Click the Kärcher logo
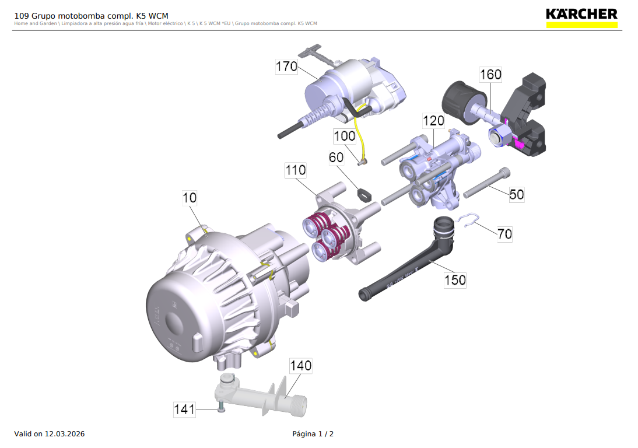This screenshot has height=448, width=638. (581, 17)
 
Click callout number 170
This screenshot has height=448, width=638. (286, 66)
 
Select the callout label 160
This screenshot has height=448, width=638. (490, 75)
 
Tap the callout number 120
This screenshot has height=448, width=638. (433, 121)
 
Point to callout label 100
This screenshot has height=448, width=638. (345, 136)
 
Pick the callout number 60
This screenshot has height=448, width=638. (336, 157)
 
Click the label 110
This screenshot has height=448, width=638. (295, 170)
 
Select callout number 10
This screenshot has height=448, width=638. (190, 198)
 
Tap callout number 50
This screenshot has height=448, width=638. (517, 194)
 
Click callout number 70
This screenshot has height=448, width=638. (504, 234)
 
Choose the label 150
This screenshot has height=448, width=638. (455, 280)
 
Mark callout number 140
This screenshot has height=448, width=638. (301, 366)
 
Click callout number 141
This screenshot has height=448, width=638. (184, 409)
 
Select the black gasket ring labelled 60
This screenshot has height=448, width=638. (364, 193)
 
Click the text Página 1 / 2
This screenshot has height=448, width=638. (313, 434)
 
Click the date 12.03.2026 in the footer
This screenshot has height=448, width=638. (65, 434)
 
